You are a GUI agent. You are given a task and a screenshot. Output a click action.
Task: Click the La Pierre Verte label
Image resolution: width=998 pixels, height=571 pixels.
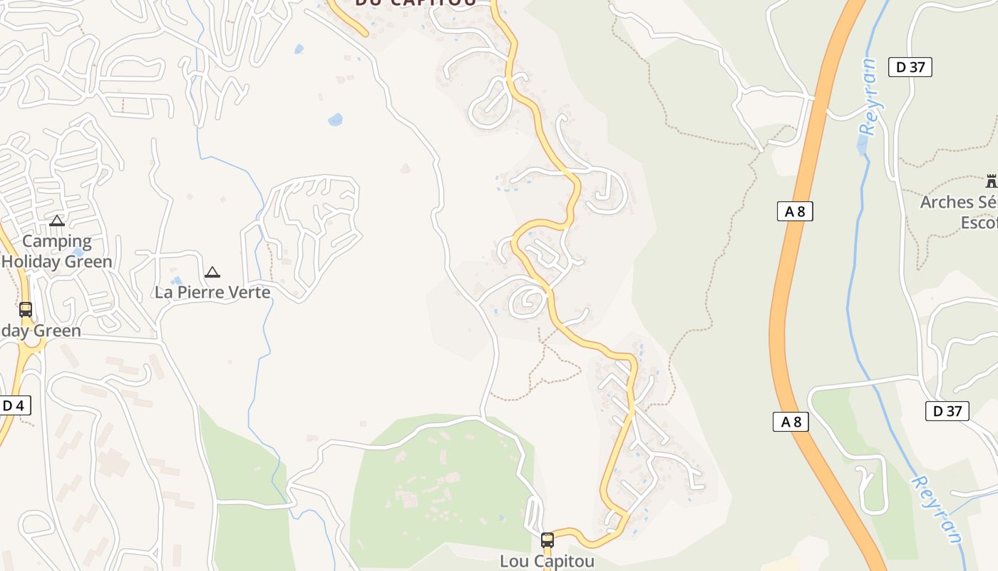pyautogui.click(x=212, y=292)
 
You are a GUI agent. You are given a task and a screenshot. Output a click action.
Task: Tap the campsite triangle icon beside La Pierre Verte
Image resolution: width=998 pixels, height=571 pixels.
pyautogui.click(x=212, y=272)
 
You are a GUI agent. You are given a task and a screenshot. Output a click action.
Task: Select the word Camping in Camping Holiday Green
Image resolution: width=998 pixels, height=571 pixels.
pyautogui.click(x=57, y=242)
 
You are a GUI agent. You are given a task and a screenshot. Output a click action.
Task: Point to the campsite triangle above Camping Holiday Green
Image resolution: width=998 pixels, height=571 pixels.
pyautogui.click(x=57, y=221)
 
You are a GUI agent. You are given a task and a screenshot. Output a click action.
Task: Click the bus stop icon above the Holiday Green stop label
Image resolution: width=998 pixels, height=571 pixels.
pyautogui.click(x=26, y=310)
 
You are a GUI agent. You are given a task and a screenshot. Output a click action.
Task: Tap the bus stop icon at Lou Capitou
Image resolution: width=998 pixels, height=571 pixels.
pyautogui.click(x=547, y=540)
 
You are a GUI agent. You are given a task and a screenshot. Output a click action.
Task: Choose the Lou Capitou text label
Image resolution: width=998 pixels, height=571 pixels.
pyautogui.click(x=547, y=561)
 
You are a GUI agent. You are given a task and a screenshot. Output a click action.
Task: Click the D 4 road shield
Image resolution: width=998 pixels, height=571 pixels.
pyautogui.click(x=14, y=405)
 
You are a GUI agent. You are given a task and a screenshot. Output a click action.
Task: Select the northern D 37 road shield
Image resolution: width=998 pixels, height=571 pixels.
pyautogui.click(x=910, y=68)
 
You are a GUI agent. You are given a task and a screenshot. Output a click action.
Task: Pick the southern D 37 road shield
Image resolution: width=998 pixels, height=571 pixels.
pyautogui.click(x=947, y=410)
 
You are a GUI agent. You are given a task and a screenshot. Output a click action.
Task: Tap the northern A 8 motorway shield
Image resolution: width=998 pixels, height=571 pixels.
pyautogui.click(x=794, y=211)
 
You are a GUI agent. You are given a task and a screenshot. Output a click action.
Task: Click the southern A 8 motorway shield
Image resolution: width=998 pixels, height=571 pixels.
pyautogui.click(x=791, y=422)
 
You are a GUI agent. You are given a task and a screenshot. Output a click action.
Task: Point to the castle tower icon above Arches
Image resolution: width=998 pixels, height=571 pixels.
pyautogui.click(x=991, y=181)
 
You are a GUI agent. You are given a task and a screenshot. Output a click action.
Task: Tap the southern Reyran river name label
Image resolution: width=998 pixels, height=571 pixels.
pyautogui.click(x=937, y=509)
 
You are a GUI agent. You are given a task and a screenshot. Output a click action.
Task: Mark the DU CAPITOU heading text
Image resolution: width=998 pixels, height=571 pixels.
pyautogui.click(x=416, y=4)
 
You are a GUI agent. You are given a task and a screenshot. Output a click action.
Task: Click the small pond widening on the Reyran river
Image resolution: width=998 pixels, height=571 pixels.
pyautogui.click(x=863, y=146)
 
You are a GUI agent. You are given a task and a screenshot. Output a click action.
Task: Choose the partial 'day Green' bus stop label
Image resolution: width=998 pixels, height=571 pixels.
pyautogui.click(x=41, y=331)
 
